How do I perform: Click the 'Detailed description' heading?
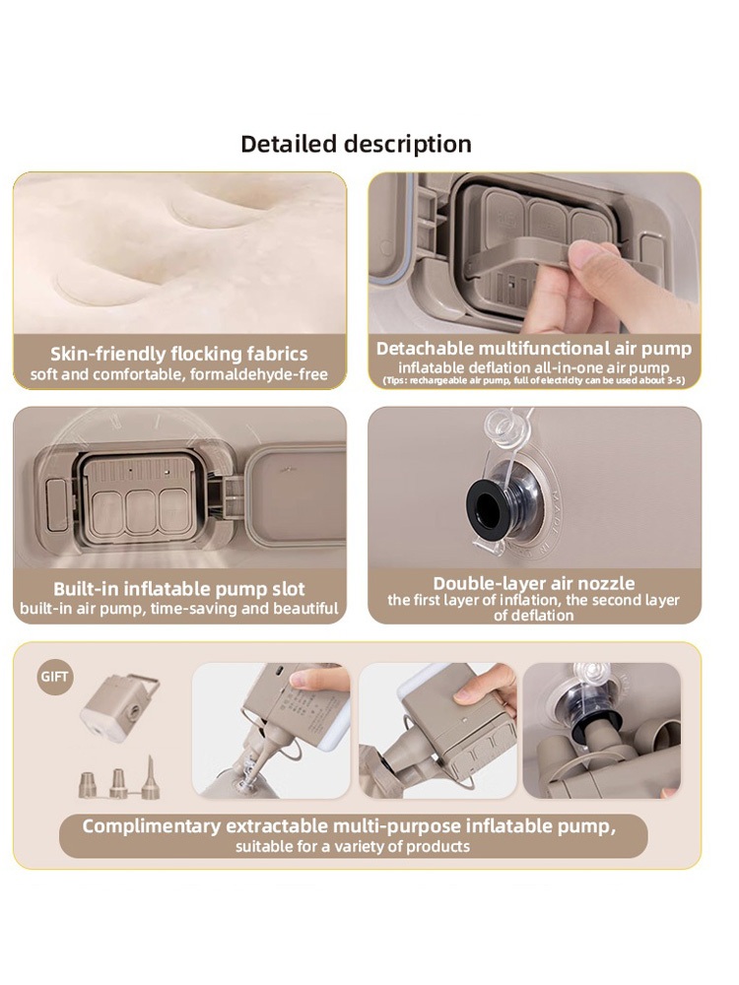(356, 144)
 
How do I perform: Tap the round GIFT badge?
(54, 678)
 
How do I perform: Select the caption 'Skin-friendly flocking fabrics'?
(179, 354)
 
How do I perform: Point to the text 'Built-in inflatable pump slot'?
(179, 589)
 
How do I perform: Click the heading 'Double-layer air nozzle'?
(533, 583)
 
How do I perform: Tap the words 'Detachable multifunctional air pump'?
(533, 348)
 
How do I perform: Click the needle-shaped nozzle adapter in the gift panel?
(150, 778)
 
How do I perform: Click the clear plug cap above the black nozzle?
(505, 426)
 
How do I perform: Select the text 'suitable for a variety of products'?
(353, 846)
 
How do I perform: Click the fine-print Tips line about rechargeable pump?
(533, 380)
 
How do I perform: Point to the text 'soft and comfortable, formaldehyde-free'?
(179, 374)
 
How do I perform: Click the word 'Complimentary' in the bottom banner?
(152, 826)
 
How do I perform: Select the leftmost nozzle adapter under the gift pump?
(88, 785)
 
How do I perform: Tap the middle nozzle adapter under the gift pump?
(119, 783)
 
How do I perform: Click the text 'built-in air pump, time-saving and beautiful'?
(179, 608)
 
